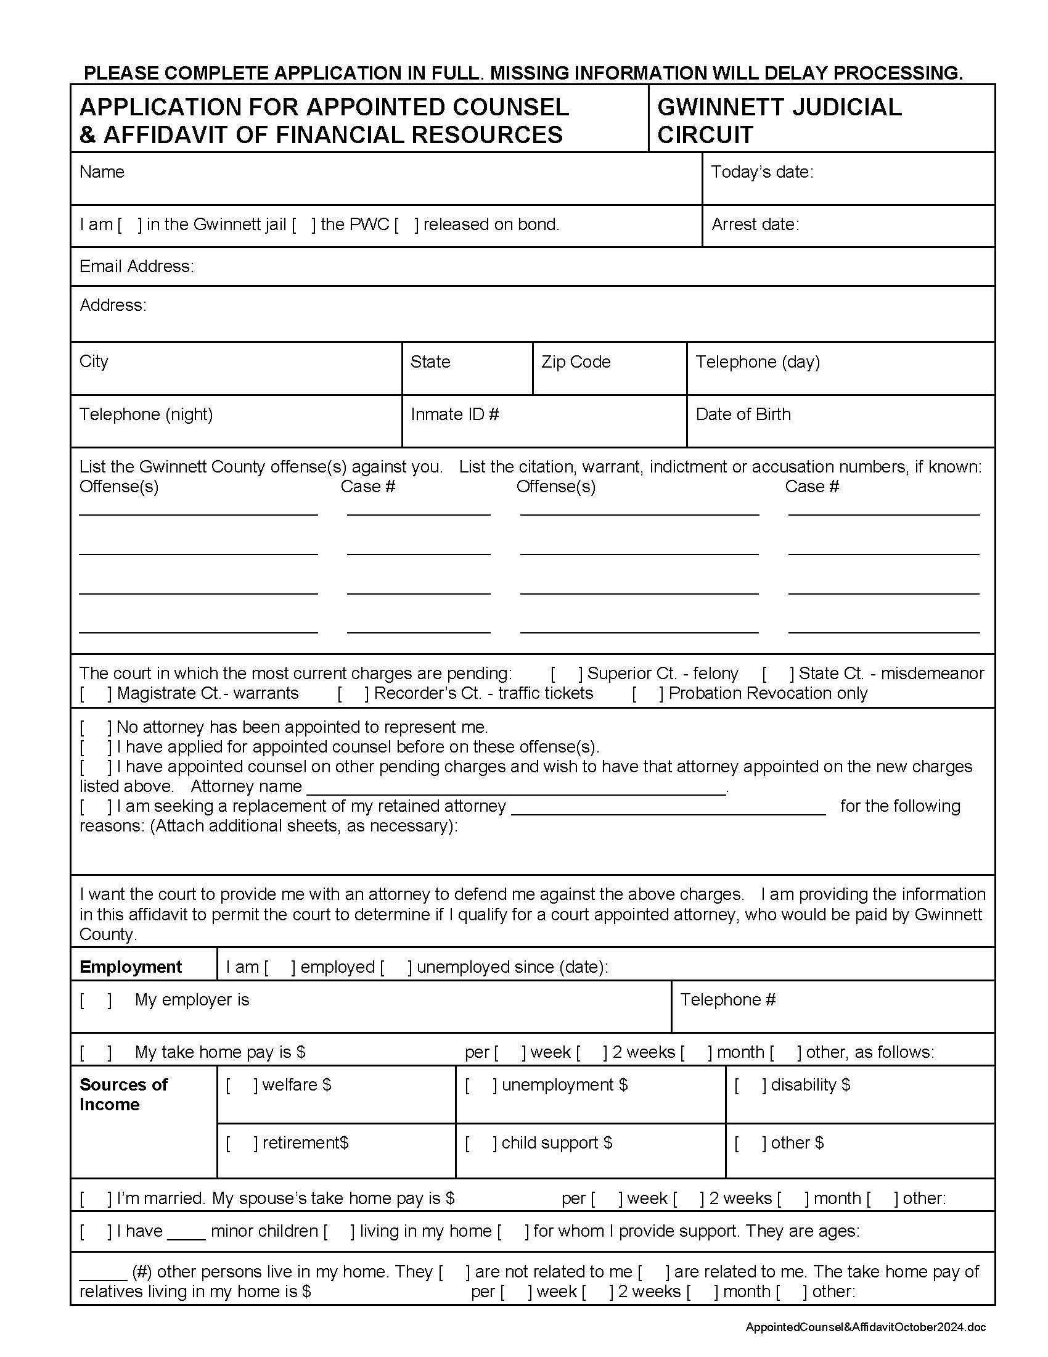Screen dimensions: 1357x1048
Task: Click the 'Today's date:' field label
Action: (x=761, y=172)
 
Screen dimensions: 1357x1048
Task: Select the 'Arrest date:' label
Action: (x=755, y=225)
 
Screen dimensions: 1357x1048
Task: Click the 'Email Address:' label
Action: (x=137, y=266)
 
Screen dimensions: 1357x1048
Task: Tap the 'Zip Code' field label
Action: (x=576, y=361)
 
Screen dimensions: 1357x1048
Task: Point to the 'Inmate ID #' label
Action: (x=454, y=415)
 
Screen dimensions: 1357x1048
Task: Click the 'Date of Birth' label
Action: (x=743, y=415)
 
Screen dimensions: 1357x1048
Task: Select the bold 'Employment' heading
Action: (x=130, y=967)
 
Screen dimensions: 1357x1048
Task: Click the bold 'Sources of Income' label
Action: (x=123, y=1094)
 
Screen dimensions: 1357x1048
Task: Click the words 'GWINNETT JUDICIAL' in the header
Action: (x=779, y=107)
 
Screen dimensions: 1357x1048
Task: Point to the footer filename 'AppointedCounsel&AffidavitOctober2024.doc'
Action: (x=865, y=1328)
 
